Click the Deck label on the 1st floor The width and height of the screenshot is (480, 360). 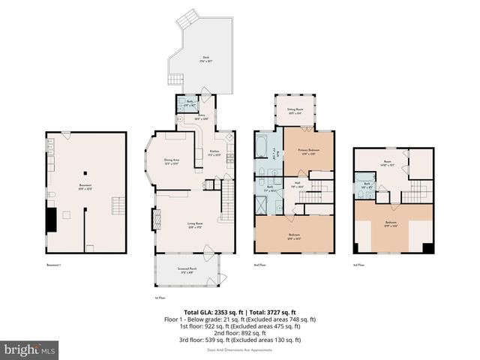(205, 58)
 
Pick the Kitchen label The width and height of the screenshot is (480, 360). (214, 152)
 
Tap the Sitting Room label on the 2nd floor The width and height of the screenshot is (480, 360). (295, 110)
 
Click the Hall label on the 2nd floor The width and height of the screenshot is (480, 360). (297, 183)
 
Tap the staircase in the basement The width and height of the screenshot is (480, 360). (118, 205)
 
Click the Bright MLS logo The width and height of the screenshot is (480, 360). (30, 349)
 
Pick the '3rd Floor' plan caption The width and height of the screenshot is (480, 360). (358, 265)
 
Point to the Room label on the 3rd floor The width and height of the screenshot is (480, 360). (388, 161)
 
